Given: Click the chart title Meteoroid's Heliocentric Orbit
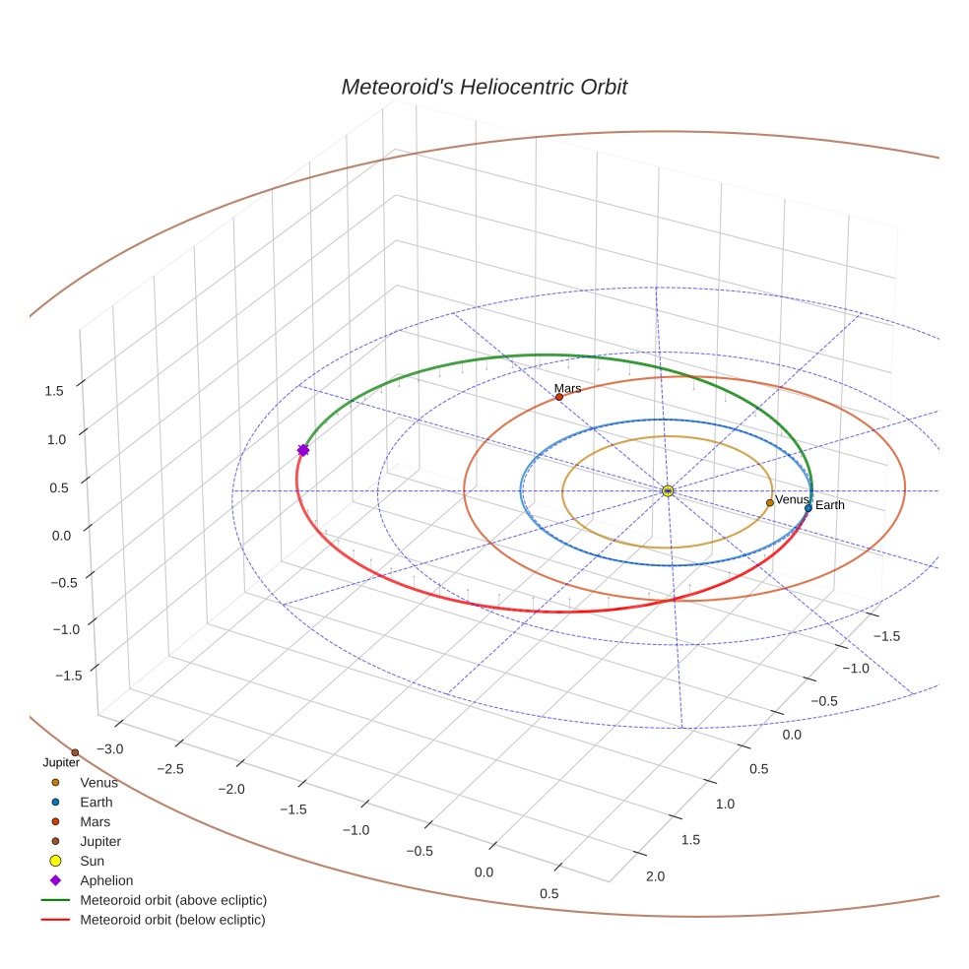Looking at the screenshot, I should tap(484, 87).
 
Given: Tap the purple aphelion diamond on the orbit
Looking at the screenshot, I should tap(303, 450).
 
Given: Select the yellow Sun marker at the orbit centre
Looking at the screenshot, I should tap(668, 490).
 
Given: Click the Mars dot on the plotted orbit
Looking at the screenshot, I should tap(559, 397).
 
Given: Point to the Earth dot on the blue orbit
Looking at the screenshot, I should tap(808, 508).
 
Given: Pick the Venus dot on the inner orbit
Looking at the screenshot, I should tap(770, 503).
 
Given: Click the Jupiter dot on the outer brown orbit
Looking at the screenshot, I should tap(75, 752).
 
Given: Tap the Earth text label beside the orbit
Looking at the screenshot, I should tap(830, 505).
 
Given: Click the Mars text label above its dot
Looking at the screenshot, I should tap(567, 388).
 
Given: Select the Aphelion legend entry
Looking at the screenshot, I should tap(105, 880).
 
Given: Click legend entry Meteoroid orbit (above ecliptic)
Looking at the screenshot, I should tap(173, 900).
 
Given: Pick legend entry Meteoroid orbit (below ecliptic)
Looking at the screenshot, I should tap(172, 920).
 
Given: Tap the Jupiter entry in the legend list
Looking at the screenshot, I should tap(100, 841).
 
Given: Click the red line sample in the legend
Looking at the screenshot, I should tap(55, 920).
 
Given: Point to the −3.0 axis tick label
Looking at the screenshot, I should tap(109, 748).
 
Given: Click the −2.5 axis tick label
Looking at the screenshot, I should tap(170, 768).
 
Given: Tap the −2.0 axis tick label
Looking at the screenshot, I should tap(231, 789).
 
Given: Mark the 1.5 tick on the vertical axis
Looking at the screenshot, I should tap(54, 390).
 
